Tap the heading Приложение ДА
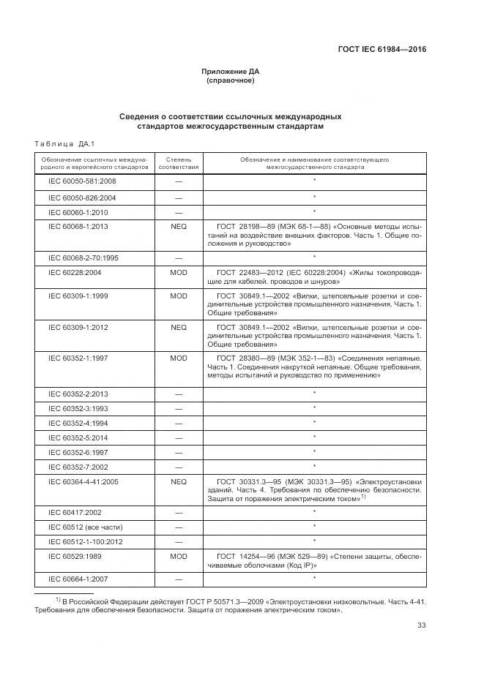pyautogui.click(x=231, y=71)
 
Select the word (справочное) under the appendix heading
pyautogui.click(x=231, y=80)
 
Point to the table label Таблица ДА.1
pyautogui.click(x=60, y=143)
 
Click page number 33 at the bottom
pyautogui.click(x=421, y=625)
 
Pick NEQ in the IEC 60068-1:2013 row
pyautogui.click(x=179, y=227)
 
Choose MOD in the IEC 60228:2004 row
pyautogui.click(x=179, y=272)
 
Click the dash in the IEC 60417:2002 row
pyautogui.click(x=179, y=512)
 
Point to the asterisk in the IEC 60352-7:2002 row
pyautogui.click(x=314, y=465)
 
